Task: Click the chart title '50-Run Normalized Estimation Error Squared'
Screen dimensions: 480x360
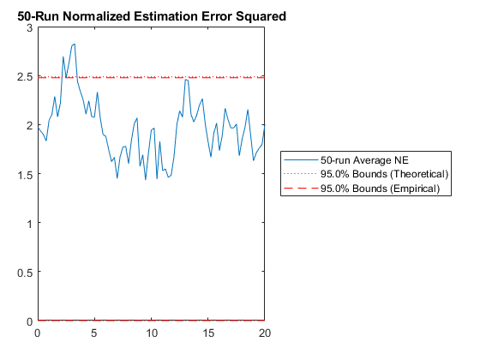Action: (x=152, y=16)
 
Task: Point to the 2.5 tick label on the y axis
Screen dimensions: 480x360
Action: (x=25, y=77)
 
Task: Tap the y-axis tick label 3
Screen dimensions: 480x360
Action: (x=30, y=28)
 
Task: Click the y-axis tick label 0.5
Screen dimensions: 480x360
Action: (x=25, y=273)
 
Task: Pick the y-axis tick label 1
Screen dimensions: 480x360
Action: (x=30, y=224)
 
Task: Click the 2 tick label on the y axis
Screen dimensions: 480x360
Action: (x=30, y=126)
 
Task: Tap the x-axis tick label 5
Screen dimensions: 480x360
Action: (x=94, y=333)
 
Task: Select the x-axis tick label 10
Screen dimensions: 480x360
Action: (x=151, y=333)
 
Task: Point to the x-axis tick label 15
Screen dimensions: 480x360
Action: (x=208, y=333)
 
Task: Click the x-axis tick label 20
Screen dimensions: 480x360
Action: (x=265, y=333)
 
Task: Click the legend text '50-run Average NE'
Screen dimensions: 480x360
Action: (x=364, y=160)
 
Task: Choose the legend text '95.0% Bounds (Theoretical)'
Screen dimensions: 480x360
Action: (x=385, y=174)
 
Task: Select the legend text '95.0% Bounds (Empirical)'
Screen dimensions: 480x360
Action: (x=381, y=189)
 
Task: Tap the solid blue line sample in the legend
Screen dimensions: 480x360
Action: (x=301, y=159)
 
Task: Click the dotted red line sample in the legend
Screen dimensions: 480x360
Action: (x=301, y=174)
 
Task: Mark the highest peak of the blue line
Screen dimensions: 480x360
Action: (x=74, y=44)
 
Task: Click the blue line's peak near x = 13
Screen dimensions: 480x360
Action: (x=185, y=80)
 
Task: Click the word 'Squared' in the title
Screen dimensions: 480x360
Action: (x=261, y=17)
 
